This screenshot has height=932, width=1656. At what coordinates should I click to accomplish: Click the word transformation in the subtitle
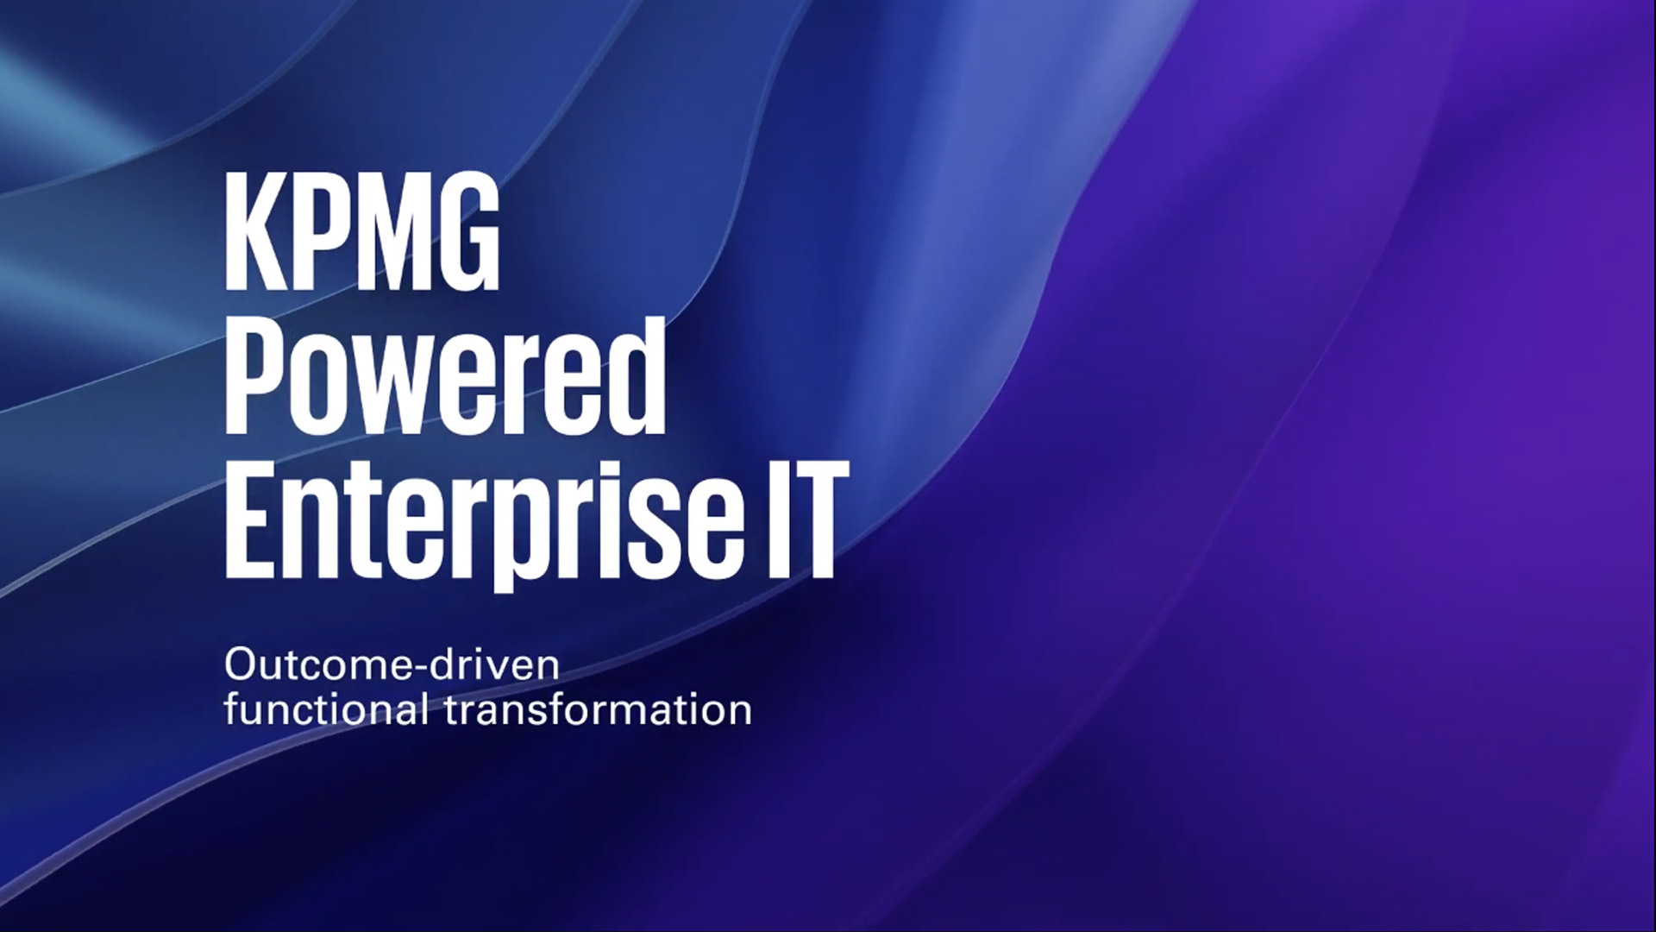[599, 710]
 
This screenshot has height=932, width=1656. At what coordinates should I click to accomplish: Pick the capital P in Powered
[254, 375]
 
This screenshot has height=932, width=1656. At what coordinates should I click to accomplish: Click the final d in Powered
[636, 375]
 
